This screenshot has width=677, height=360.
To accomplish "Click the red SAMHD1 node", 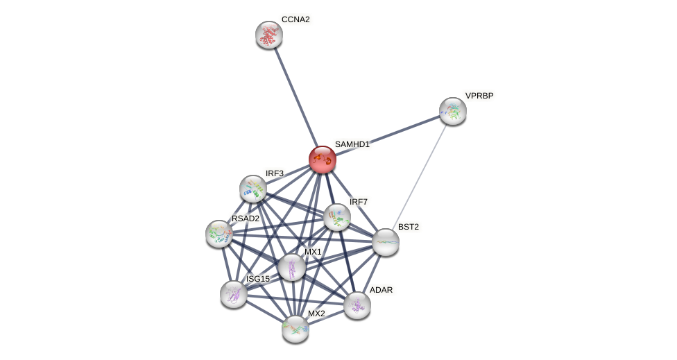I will (x=323, y=160).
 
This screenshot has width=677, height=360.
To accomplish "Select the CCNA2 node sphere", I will (x=269, y=35).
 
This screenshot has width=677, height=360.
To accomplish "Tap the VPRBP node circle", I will (x=453, y=111).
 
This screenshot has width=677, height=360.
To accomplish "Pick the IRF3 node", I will (x=253, y=189).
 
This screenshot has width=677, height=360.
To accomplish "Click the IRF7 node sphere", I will (x=337, y=217).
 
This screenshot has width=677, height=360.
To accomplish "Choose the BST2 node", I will (x=386, y=242).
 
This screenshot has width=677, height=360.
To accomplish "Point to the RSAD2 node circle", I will (x=219, y=234).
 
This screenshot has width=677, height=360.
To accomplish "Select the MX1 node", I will (x=292, y=267).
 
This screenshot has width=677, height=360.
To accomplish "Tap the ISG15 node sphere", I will (x=234, y=293).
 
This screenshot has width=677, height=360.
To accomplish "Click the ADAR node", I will (x=357, y=305).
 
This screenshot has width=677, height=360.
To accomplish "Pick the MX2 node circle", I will (x=295, y=329).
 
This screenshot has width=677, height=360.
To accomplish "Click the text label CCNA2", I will (x=295, y=19).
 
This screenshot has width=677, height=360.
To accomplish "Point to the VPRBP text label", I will (x=479, y=96).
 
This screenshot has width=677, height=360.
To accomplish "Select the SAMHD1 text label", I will (x=352, y=144).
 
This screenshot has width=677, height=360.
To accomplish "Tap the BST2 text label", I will (x=408, y=227).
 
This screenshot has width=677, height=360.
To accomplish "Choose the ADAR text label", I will (x=381, y=290).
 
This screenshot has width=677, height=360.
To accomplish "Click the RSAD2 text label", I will (x=246, y=218).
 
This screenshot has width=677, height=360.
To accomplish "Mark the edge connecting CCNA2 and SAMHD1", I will (x=295, y=97).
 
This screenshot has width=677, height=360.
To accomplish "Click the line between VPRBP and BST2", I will (x=420, y=176).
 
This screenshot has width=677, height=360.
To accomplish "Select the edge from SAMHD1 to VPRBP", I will (x=388, y=135).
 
